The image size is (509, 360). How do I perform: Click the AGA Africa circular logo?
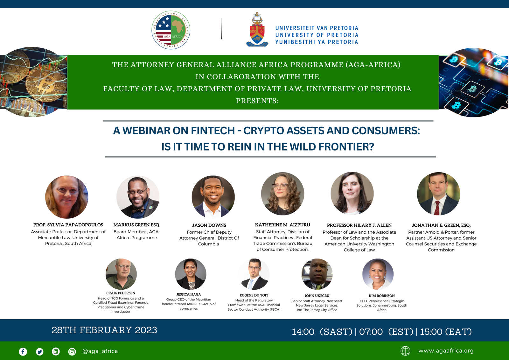tap(171, 30)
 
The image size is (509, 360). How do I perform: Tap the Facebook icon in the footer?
tap(23, 351)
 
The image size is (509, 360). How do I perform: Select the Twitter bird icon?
tap(40, 351)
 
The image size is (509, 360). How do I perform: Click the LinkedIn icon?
tap(56, 351)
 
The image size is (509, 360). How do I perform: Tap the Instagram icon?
tap(72, 351)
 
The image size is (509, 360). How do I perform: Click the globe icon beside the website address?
tap(405, 351)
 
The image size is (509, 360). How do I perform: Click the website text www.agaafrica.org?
tap(446, 351)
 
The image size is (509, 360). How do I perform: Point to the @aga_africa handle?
tap(100, 351)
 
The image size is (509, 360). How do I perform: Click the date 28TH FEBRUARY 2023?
tap(104, 330)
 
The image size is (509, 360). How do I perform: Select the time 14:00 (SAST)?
tap(322, 332)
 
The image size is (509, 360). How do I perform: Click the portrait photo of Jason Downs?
tap(213, 197)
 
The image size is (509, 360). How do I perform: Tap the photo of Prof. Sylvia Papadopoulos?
tap(67, 197)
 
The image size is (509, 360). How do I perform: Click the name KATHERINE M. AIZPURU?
tap(282, 225)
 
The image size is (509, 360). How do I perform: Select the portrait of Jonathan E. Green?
tap(438, 194)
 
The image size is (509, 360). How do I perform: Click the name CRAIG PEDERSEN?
tap(121, 293)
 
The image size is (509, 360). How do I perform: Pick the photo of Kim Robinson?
tap(378, 274)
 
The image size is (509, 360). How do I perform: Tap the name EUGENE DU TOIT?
tap(254, 295)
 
